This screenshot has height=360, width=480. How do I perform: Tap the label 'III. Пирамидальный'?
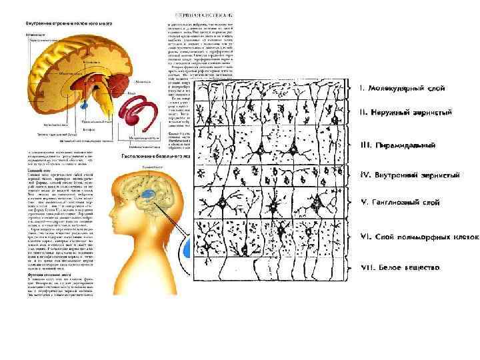click(395, 145)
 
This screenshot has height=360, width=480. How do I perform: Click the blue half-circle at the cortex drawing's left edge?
click(188, 248)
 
